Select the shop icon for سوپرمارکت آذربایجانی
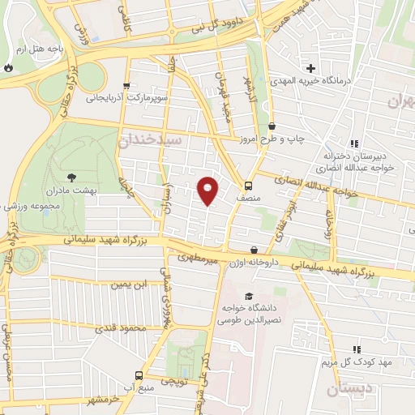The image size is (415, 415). [126, 85]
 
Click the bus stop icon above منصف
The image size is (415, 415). [248, 184]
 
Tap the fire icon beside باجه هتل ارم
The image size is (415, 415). [8, 68]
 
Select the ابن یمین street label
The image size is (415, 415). [130, 285]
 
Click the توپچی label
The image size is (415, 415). [173, 379]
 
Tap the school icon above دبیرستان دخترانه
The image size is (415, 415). [355, 143]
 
